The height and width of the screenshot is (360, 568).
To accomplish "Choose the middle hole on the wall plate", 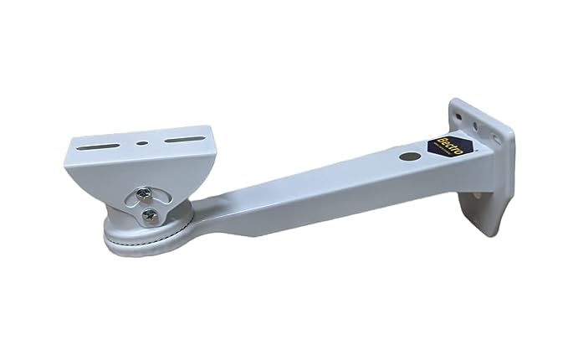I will [x=476, y=126].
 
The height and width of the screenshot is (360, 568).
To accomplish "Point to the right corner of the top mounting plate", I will [x=214, y=132].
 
